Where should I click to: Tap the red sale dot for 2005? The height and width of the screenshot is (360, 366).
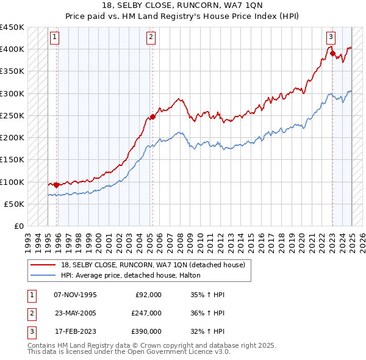152,117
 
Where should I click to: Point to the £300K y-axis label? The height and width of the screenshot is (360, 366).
12,93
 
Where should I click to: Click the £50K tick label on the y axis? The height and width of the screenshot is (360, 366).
15,204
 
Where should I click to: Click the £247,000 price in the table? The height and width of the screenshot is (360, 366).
146,313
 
